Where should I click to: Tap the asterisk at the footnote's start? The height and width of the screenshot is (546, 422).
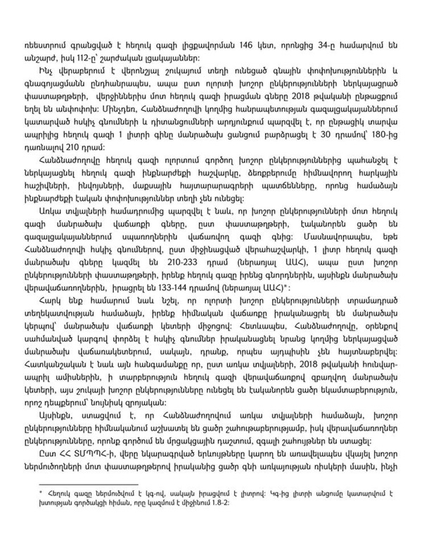[x=42, y=495]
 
